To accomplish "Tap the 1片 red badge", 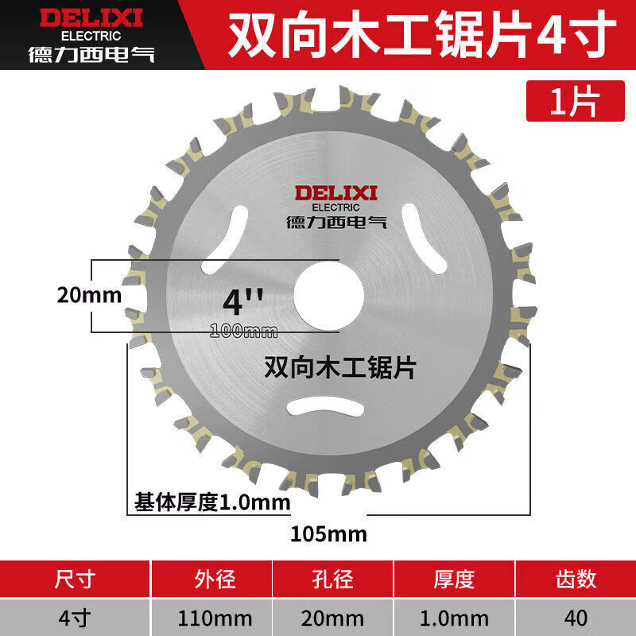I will coord(573,101).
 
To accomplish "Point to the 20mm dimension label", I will coord(89,296).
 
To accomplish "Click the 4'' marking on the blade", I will coord(243,301).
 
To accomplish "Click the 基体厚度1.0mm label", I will coord(211,502).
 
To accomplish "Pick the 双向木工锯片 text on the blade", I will coord(339,367).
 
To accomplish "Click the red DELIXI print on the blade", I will coord(337,193).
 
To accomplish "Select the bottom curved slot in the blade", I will coord(328,405).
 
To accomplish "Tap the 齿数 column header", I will coord(576,579).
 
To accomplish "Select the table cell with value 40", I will coord(576,617).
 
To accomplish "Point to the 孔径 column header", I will coord(334,579).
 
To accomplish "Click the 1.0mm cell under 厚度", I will coord(456,617).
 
